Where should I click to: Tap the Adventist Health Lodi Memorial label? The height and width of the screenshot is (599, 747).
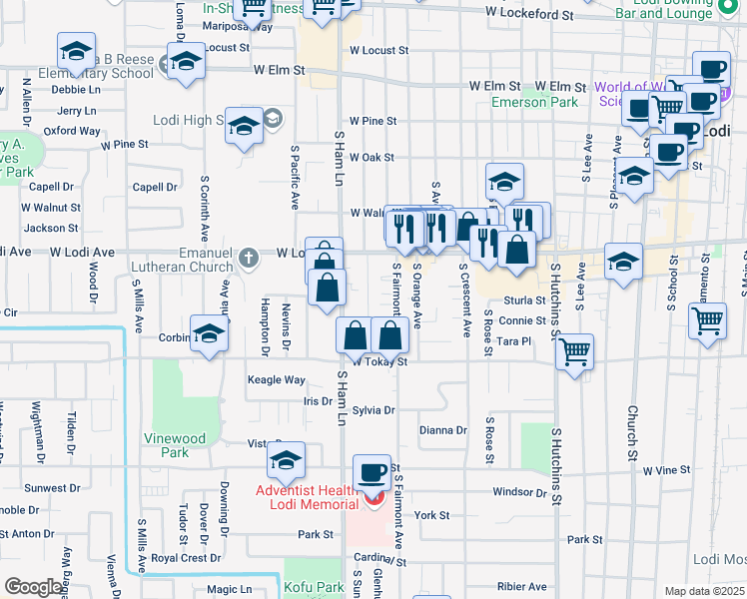308,496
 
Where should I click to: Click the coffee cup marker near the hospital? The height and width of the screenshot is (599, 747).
373,473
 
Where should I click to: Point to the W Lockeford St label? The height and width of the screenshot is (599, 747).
530,15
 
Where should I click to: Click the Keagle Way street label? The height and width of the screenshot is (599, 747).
277,379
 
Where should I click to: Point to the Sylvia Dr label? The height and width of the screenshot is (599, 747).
374,410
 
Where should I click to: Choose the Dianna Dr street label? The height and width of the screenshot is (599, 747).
443,430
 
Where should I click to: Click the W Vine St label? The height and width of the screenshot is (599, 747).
667,469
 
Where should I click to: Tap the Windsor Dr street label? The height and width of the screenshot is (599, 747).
520,492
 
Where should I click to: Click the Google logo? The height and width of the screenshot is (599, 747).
34,587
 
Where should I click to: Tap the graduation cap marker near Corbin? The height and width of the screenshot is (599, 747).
210,335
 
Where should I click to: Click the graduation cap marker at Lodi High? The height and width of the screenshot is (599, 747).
243,127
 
